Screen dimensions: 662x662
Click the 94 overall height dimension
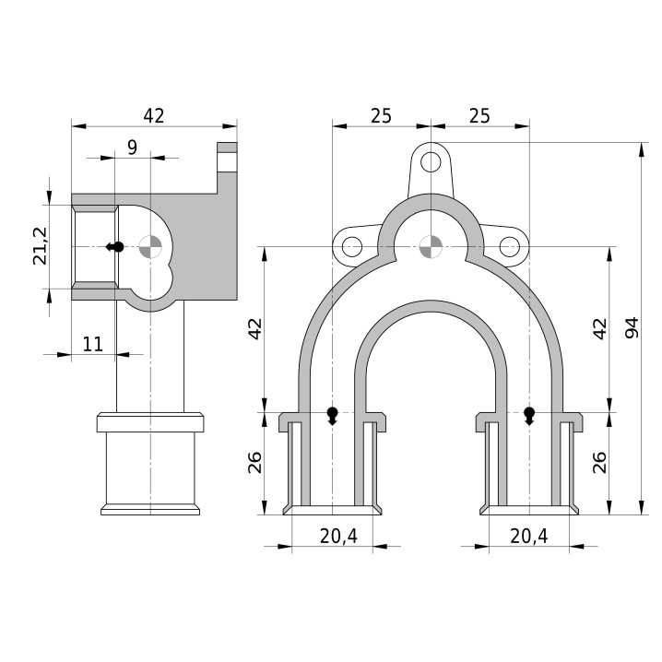[632, 328]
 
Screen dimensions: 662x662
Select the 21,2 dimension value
[41, 246]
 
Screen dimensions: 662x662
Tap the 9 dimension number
[132, 148]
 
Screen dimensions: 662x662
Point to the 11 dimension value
[92, 344]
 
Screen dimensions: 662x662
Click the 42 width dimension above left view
[154, 115]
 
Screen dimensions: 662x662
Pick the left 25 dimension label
[381, 115]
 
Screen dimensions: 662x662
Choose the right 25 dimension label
[479, 115]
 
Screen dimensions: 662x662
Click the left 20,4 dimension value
[338, 537]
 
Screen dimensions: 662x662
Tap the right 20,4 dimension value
[529, 537]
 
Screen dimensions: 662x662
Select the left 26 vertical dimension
[255, 462]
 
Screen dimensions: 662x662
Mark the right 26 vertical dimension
[599, 462]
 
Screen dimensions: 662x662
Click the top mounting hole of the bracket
[431, 161]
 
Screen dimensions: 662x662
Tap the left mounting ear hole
[352, 246]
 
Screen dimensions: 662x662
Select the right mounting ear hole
[510, 246]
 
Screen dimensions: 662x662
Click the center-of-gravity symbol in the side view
[150, 246]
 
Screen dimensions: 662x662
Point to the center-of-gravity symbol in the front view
[431, 246]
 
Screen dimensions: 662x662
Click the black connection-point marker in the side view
[115, 246]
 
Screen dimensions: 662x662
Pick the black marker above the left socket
[333, 416]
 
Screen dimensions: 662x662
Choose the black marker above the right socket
[529, 416]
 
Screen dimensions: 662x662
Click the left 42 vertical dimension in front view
[255, 329]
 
